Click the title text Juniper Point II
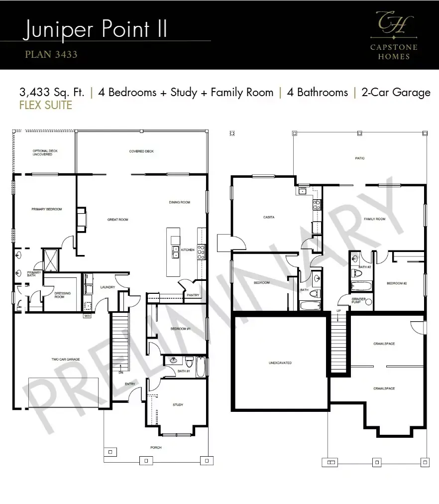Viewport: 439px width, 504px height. pyautogui.click(x=95, y=29)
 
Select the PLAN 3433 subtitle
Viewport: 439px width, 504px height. pyautogui.click(x=51, y=54)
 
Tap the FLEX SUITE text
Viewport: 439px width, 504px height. pyautogui.click(x=45, y=105)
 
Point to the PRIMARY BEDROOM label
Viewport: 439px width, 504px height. pyautogui.click(x=46, y=209)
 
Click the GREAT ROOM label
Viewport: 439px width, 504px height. pyautogui.click(x=118, y=220)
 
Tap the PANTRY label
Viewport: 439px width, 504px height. pyautogui.click(x=193, y=295)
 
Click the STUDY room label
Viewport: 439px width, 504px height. pyautogui.click(x=178, y=405)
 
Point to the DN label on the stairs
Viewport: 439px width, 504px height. pyautogui.click(x=121, y=372)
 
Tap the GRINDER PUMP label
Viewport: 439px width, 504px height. pyautogui.click(x=359, y=301)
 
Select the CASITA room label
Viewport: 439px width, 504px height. pyautogui.click(x=269, y=217)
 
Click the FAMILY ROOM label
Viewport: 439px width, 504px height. pyautogui.click(x=374, y=219)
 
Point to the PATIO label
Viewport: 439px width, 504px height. pyautogui.click(x=359, y=158)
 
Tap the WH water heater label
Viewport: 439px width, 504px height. pyautogui.click(x=88, y=316)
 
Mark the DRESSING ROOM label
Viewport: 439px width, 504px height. pyautogui.click(x=62, y=295)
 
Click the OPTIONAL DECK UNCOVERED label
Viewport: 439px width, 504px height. pyautogui.click(x=42, y=153)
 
